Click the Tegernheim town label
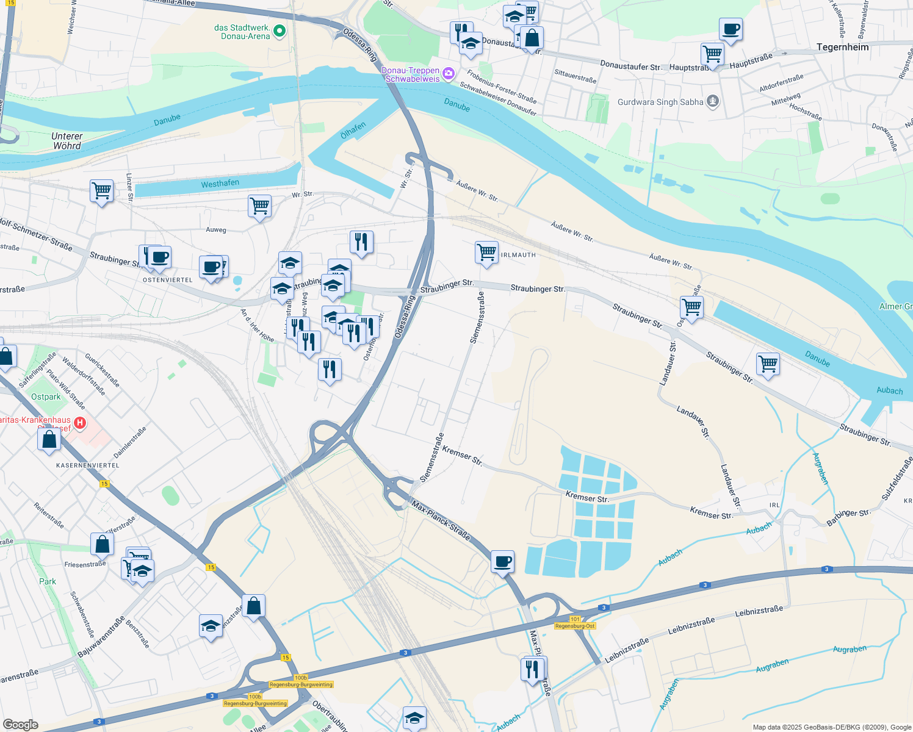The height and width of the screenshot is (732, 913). pos(842,47)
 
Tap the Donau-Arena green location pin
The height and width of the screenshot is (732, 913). pos(279,30)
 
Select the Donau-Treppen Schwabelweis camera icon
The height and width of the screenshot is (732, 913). pos(449,73)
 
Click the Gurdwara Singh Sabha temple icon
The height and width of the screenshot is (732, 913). pos(712,101)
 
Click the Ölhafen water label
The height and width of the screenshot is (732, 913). pos(353,130)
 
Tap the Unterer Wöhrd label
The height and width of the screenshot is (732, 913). pos(67,141)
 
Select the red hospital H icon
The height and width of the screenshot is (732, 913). pos(79,422)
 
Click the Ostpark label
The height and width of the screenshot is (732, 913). pos(46,396)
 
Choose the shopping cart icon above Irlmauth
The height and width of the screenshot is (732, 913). pos(486,252)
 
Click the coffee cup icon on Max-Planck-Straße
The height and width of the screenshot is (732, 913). pos(502,561)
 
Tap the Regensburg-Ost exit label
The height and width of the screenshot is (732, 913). pos(575,626)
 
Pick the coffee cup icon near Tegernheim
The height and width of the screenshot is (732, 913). pos(731,29)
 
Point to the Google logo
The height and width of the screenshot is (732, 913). pos(20,724)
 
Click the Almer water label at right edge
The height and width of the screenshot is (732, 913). pos(895,306)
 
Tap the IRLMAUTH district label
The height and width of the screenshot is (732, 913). pos(518,255)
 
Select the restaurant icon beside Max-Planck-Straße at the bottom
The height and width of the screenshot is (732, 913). pos(533,669)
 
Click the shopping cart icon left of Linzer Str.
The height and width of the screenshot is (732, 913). pos(101,191)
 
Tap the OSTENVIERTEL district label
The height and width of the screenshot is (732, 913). pos(167,280)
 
